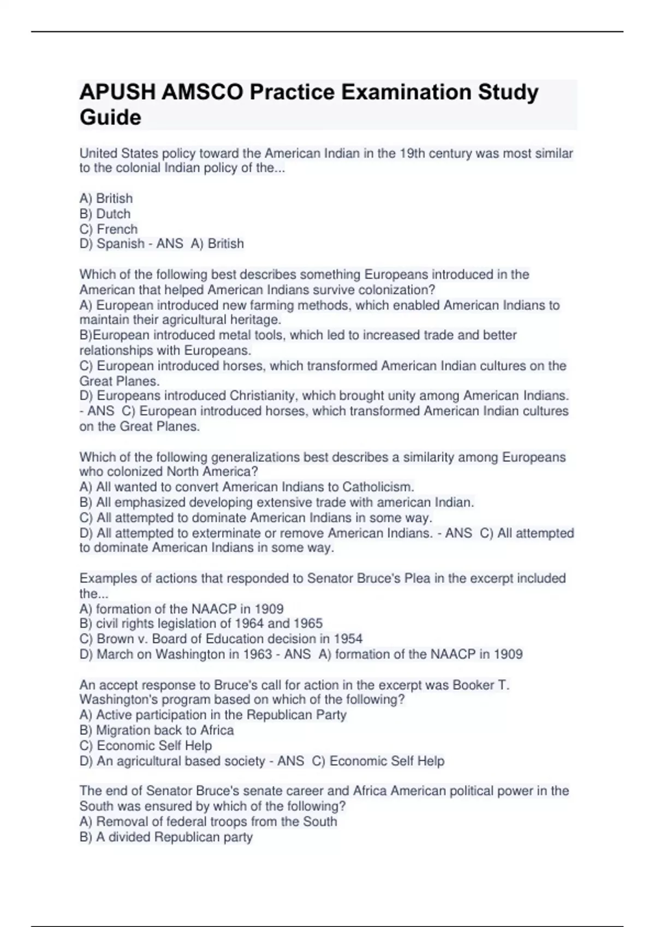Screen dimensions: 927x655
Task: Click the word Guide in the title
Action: point(110,117)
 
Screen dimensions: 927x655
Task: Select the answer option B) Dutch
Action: point(105,214)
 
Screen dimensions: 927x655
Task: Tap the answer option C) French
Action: point(108,229)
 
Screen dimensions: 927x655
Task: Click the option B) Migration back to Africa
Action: point(156,730)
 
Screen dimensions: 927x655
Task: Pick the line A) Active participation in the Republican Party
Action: point(213,715)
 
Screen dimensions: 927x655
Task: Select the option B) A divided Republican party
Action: point(166,837)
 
